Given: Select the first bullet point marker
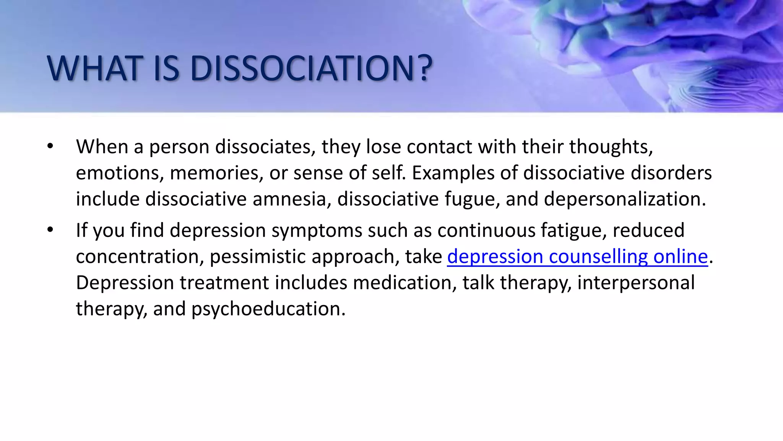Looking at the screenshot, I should [50, 146].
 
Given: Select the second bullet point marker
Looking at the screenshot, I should [50, 230].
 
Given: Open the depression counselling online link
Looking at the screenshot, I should [577, 256].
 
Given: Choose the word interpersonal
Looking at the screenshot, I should [636, 283].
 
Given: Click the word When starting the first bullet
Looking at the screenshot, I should [102, 146].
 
